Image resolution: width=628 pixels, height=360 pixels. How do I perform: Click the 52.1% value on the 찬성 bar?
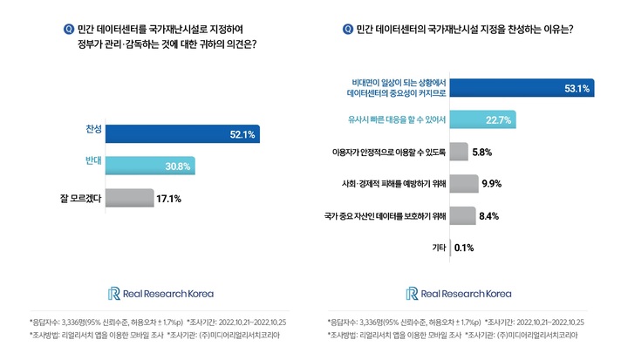[241, 134]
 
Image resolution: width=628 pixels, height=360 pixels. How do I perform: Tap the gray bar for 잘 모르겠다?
[128, 198]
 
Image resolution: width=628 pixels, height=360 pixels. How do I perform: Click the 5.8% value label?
[482, 152]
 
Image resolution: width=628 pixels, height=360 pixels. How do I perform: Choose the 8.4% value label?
[489, 215]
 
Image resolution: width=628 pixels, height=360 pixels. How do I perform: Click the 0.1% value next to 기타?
[464, 247]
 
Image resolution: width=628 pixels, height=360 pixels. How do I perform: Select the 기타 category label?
[440, 247]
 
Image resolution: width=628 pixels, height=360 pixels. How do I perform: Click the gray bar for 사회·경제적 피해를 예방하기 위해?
[465, 183]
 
